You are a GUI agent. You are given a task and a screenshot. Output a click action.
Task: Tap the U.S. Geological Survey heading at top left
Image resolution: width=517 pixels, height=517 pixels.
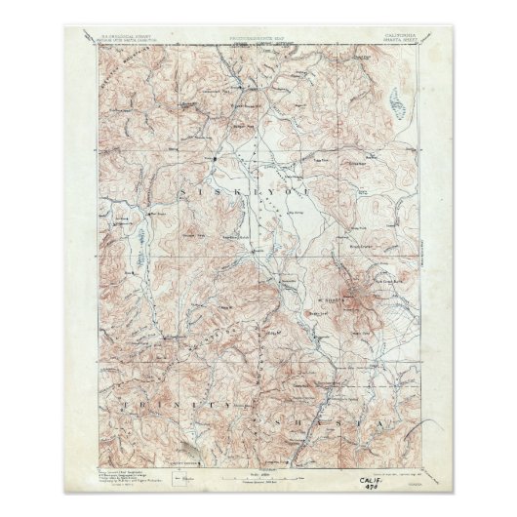click(x=131, y=36)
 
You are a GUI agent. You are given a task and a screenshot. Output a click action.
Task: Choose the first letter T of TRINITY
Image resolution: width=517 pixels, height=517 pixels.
click(x=125, y=400)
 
